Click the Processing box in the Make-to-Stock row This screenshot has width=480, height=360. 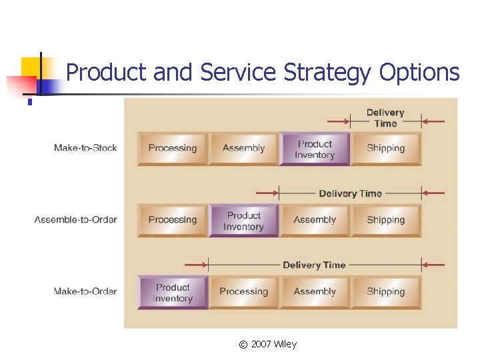click(173, 149)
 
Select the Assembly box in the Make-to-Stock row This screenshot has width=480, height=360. click(244, 149)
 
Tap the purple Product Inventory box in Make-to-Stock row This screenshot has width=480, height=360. click(315, 149)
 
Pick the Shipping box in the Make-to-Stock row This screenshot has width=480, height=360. click(386, 149)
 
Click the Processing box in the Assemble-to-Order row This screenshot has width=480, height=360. click(173, 220)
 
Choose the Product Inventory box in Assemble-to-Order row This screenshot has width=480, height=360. click(244, 221)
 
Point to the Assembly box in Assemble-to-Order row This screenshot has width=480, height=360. click(315, 220)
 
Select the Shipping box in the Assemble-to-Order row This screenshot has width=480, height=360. click(386, 220)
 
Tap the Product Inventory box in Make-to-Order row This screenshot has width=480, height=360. click(173, 292)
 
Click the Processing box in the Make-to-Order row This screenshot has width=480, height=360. click(244, 291)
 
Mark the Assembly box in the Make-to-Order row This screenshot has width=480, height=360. click(315, 291)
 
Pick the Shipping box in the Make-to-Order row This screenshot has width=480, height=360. click(386, 291)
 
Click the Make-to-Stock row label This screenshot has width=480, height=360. click(85, 148)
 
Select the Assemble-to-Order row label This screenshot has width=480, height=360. click(76, 220)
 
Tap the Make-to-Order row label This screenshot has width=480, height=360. click(85, 291)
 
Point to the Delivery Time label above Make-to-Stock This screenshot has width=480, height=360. click(385, 118)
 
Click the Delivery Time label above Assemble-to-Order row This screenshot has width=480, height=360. click(350, 193)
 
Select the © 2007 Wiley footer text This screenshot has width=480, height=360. click(267, 344)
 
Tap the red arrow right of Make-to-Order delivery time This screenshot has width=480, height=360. click(434, 265)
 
